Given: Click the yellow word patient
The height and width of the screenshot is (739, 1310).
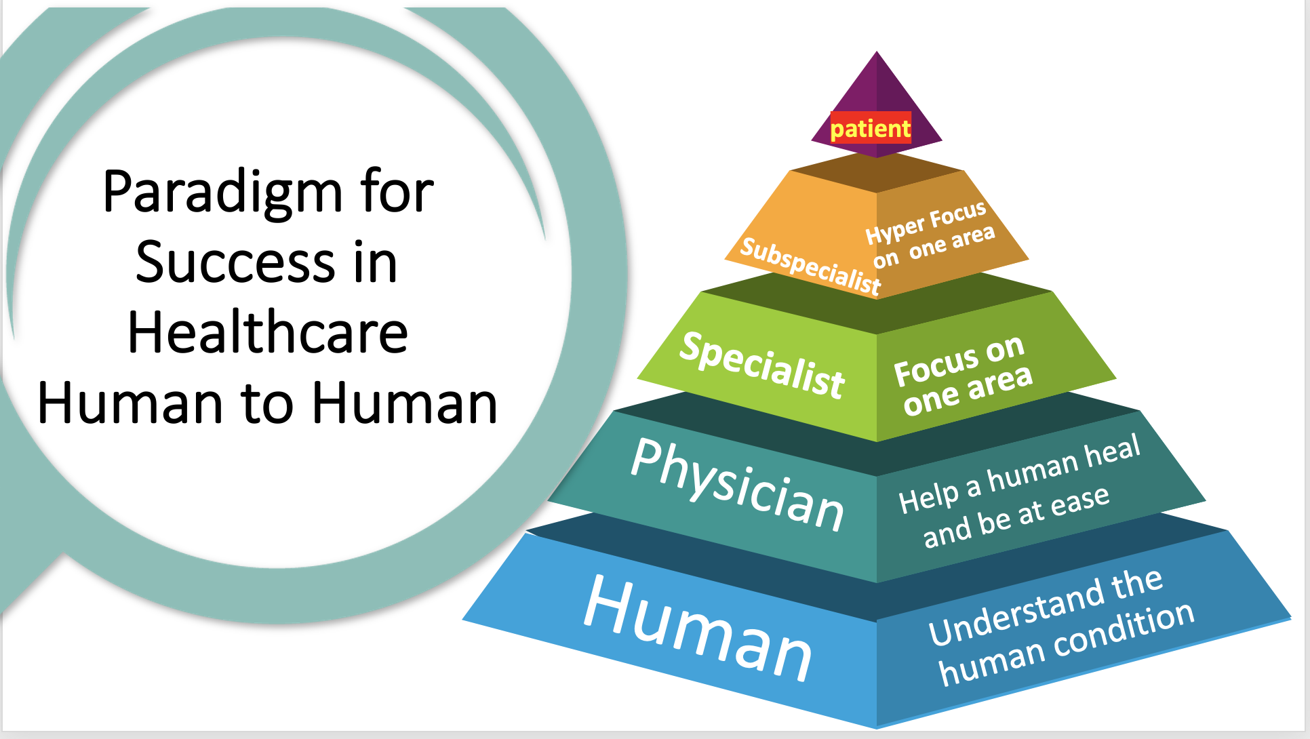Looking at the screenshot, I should (871, 128).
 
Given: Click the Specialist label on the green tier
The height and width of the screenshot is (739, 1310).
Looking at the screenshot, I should (762, 365).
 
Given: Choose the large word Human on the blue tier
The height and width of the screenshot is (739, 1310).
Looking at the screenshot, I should (698, 628).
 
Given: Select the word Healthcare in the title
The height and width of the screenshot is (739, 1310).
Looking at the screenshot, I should (268, 333).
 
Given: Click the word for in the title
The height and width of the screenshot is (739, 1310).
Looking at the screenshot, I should (397, 191).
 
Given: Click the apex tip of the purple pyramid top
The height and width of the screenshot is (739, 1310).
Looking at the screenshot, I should (877, 53).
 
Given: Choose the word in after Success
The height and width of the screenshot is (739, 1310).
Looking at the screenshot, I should (375, 263).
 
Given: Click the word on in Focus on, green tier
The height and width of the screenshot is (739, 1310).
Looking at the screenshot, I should (1004, 348).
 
